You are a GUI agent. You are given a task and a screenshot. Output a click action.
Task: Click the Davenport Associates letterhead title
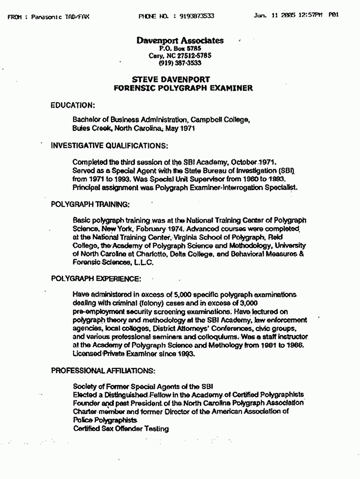180,41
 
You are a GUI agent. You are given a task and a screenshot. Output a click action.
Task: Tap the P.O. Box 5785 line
180,49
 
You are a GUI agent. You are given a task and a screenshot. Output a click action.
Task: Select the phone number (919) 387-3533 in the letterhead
180,63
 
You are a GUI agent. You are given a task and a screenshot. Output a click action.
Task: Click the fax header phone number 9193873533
197,16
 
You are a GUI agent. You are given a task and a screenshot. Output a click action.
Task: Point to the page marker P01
334,15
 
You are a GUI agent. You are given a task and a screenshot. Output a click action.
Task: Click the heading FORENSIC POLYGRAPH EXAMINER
183,88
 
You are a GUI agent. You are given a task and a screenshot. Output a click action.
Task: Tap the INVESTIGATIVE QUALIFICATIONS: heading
109,146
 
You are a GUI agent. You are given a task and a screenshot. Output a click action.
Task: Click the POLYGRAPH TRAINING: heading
90,205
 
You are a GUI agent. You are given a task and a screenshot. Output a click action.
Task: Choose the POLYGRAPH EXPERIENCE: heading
96,278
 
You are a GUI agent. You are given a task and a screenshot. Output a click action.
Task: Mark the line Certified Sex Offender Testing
121,429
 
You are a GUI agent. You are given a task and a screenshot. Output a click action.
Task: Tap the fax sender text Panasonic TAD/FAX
60,17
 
